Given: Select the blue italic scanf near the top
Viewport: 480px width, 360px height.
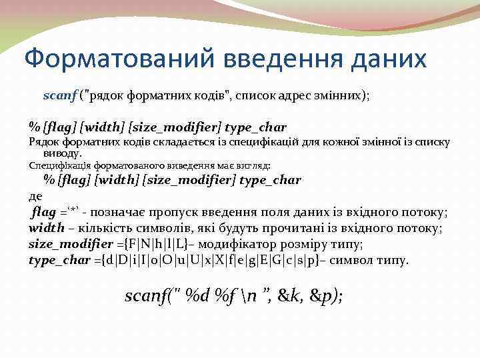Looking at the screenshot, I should coord(60,95).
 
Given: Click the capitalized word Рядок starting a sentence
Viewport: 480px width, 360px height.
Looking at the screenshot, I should coord(45,141).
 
